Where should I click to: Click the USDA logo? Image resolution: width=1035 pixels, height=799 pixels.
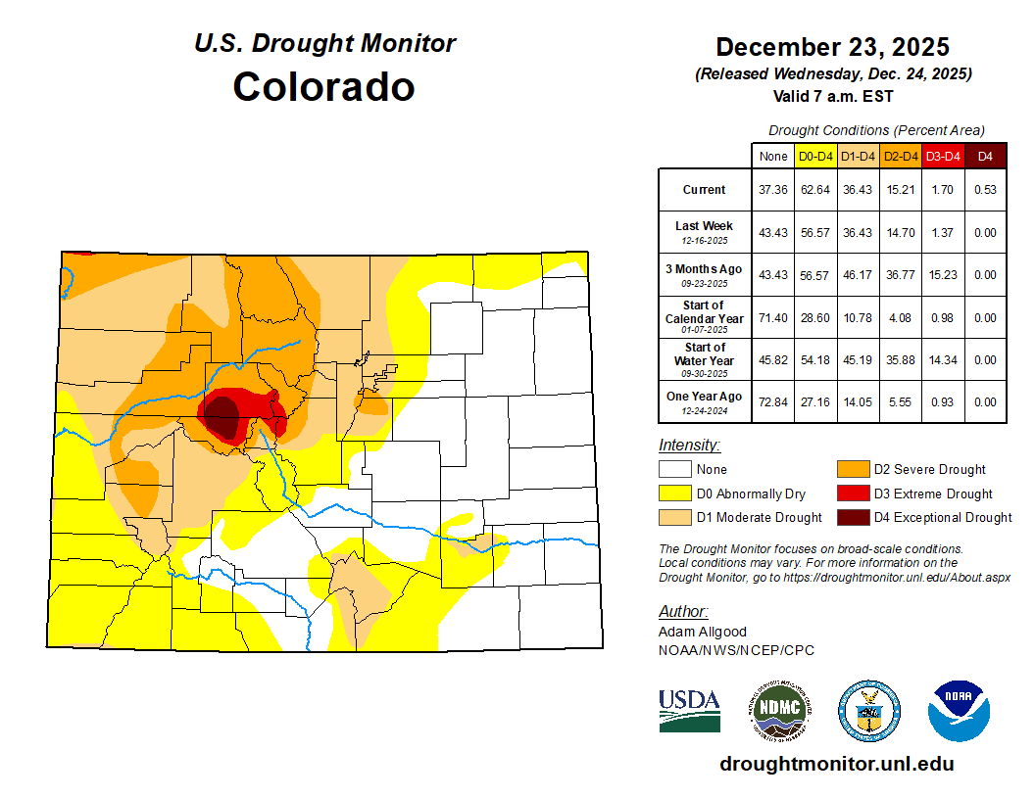click(689, 710)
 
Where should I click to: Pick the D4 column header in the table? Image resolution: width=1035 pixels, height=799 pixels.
click(986, 156)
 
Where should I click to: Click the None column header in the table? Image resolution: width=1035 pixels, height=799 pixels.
click(773, 156)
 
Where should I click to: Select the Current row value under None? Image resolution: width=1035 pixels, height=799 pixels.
click(773, 190)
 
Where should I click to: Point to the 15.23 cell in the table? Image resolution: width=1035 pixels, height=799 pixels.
click(943, 275)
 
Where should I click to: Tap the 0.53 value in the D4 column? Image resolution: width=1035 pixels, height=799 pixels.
click(986, 190)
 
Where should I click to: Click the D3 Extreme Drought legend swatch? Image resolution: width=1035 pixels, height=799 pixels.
click(852, 493)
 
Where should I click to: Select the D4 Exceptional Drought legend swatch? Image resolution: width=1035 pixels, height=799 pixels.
click(852, 517)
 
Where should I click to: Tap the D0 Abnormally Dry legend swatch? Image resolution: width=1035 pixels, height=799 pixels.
click(675, 493)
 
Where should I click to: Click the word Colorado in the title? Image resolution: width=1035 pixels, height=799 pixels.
click(323, 86)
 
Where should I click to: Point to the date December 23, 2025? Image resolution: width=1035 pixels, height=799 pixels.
click(832, 46)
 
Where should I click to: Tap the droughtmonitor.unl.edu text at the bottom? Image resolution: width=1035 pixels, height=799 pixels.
click(836, 764)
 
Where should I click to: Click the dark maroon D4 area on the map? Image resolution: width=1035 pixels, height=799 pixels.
click(223, 415)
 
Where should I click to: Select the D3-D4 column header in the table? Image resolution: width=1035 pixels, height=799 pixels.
click(943, 156)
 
